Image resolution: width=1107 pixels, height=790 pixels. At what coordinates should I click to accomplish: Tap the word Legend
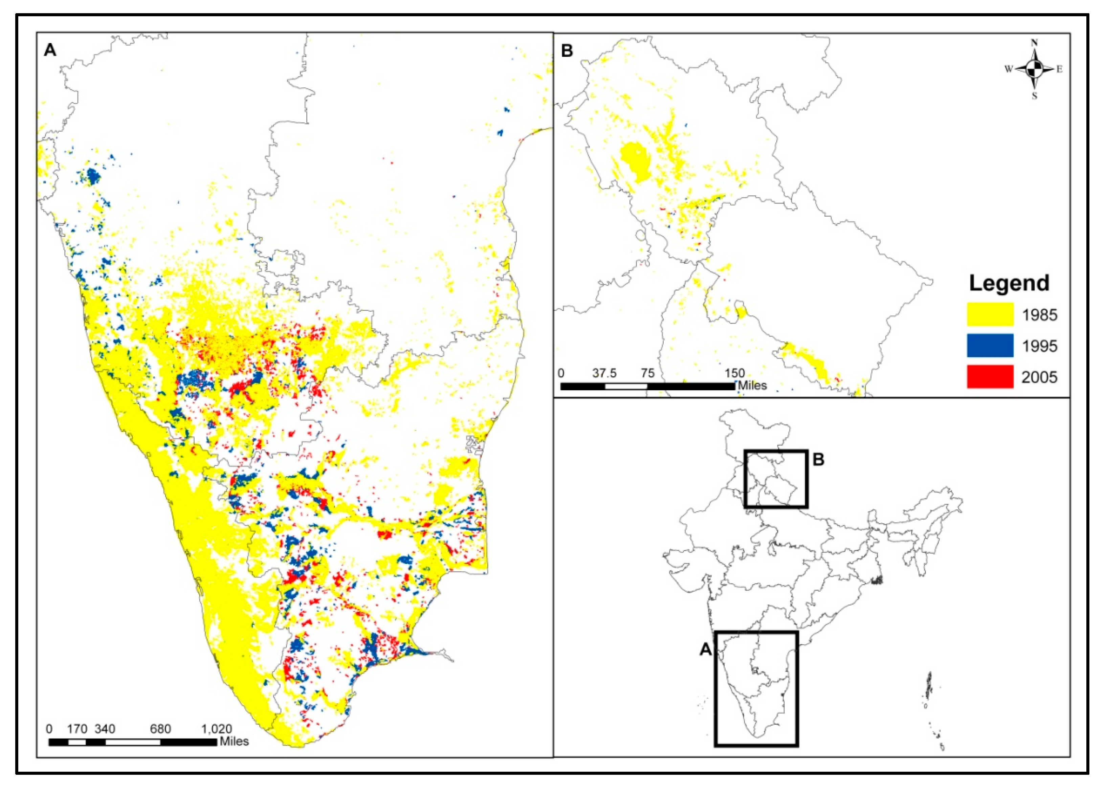click(x=1009, y=283)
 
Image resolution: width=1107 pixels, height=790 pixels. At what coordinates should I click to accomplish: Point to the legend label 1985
click(x=1039, y=315)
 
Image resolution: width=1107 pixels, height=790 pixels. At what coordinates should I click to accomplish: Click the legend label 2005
click(x=1039, y=377)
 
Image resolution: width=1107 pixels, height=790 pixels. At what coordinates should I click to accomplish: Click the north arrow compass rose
click(x=1034, y=69)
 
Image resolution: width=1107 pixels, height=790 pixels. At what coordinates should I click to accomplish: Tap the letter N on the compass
click(x=1035, y=43)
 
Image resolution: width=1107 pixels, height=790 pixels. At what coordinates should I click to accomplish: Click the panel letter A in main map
click(x=50, y=50)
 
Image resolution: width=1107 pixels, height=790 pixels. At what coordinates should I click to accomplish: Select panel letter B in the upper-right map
click(x=567, y=50)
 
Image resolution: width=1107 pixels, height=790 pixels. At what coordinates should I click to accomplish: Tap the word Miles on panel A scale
click(x=235, y=741)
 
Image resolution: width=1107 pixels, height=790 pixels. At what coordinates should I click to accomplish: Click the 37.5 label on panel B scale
click(x=604, y=373)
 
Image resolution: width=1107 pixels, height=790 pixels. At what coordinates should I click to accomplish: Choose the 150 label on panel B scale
click(x=734, y=373)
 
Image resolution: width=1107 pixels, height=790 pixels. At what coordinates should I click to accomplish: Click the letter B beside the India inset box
click(x=819, y=459)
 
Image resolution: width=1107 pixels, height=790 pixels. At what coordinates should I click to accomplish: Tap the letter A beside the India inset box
click(x=705, y=649)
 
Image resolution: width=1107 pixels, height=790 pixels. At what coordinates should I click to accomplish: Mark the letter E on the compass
click(x=1059, y=69)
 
